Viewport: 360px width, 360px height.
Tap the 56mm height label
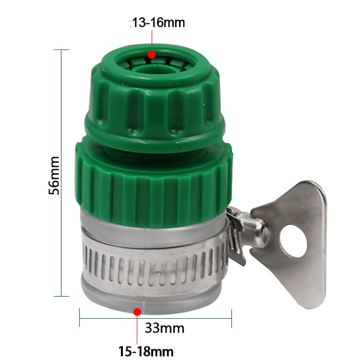pyautogui.click(x=54, y=176)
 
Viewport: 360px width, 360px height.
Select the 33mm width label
pyautogui.click(x=165, y=328)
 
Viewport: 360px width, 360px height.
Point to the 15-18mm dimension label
pyautogui.click(x=146, y=352)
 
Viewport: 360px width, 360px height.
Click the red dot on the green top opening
pyautogui.click(x=152, y=55)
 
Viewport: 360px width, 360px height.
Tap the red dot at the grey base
pyautogui.click(x=137, y=312)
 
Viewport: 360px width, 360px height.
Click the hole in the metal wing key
pyautogui.click(x=293, y=241)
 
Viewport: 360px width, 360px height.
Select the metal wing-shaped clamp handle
pyautogui.click(x=289, y=243)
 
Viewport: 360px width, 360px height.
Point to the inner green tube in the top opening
pyautogui.click(x=150, y=70)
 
